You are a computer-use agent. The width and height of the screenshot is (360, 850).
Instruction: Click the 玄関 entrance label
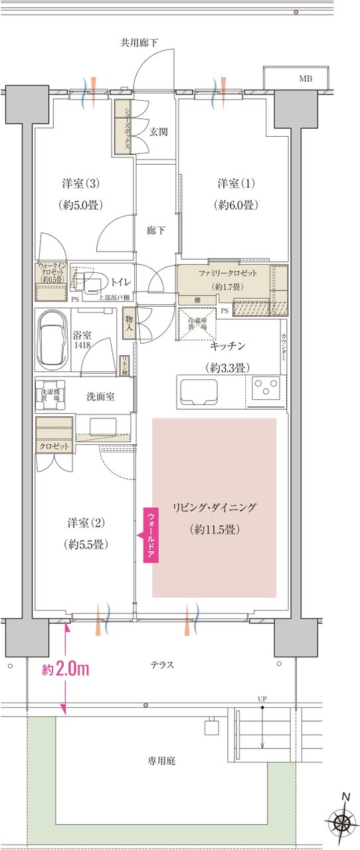click(x=158, y=131)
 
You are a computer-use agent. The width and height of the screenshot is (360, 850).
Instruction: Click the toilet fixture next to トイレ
click(x=91, y=282)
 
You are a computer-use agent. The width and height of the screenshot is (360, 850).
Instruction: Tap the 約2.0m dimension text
click(x=66, y=669)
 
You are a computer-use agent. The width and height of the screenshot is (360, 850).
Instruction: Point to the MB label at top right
click(x=305, y=78)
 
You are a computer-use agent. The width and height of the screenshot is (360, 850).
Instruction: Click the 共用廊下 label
click(x=139, y=43)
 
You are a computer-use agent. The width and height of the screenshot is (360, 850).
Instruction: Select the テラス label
click(x=162, y=663)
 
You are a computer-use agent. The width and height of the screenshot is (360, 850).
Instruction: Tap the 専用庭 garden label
click(x=162, y=761)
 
